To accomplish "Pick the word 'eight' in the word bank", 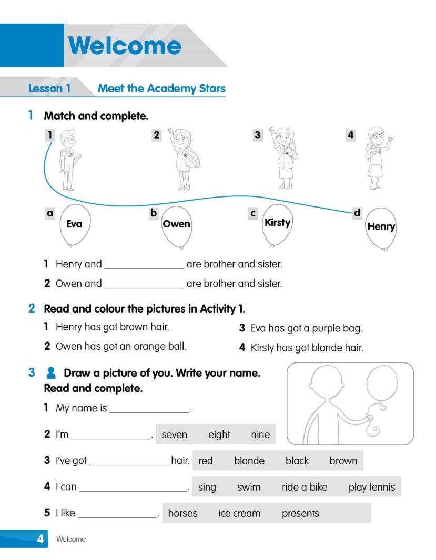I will pyautogui.click(x=219, y=434).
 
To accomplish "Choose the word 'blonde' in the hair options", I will pyautogui.click(x=249, y=461).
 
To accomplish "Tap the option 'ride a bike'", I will pyautogui.click(x=305, y=487).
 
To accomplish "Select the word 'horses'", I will pyautogui.click(x=182, y=513).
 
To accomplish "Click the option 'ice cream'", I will pyautogui.click(x=239, y=513).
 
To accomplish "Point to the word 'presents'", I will pyautogui.click(x=300, y=513).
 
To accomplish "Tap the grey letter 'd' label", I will pyautogui.click(x=357, y=213).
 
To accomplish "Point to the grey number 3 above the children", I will pyautogui.click(x=257, y=135).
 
